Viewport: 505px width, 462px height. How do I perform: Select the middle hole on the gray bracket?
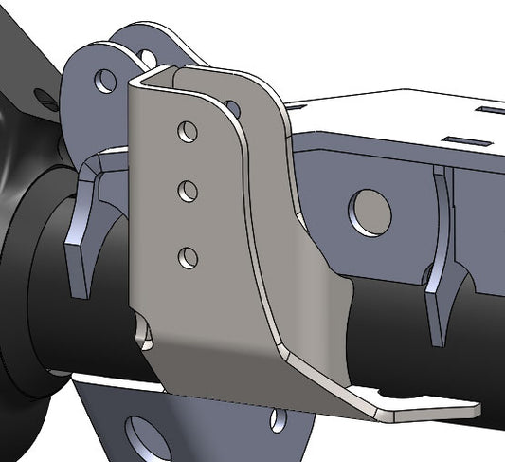tap(189, 191)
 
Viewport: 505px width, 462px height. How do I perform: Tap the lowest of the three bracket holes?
tap(189, 255)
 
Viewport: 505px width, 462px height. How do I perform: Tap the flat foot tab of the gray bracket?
tap(426, 409)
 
